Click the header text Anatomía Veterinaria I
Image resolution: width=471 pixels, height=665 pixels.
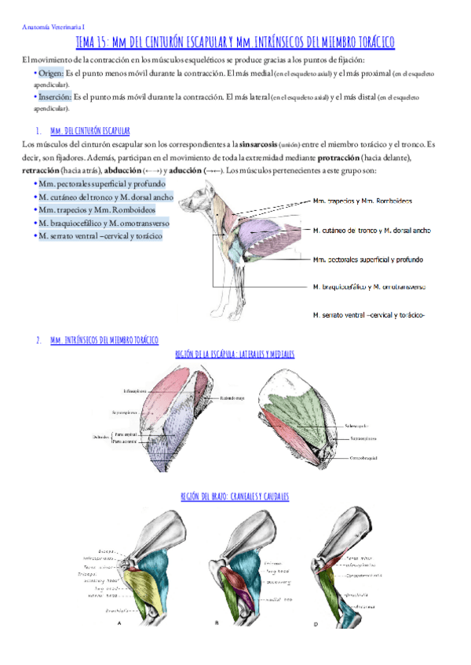pyautogui.click(x=52, y=27)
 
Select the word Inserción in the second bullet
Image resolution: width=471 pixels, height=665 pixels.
pyautogui.click(x=53, y=96)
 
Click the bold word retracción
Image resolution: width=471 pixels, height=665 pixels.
pyautogui.click(x=47, y=170)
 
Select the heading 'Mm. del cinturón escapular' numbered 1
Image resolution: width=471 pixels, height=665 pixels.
pyautogui.click(x=89, y=130)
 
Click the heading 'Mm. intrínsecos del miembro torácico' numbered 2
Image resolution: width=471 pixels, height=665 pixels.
pyautogui.click(x=104, y=340)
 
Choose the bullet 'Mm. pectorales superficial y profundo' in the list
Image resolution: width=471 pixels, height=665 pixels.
pyautogui.click(x=101, y=183)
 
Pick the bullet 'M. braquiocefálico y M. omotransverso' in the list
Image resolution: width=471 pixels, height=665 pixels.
pyautogui.click(x=103, y=223)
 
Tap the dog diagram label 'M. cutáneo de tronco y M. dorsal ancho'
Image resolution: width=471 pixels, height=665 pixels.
pyautogui.click(x=371, y=231)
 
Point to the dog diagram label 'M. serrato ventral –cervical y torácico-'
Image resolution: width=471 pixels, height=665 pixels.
pyautogui.click(x=368, y=315)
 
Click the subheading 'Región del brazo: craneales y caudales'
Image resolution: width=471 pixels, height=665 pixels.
pyautogui.click(x=235, y=496)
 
